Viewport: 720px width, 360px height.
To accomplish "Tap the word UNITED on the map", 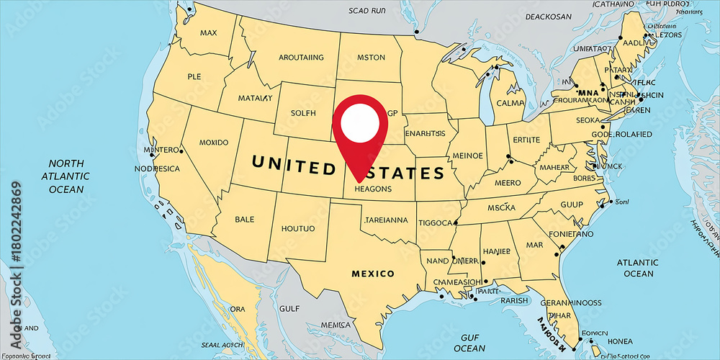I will click(293, 167).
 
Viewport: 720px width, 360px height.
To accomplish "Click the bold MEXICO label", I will click(372, 274).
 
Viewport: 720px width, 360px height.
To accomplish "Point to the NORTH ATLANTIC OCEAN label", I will click(66, 176).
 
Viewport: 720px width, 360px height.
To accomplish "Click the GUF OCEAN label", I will click(469, 343).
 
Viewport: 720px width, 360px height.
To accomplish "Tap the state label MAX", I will click(209, 32).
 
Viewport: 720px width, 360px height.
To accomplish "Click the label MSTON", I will click(371, 58).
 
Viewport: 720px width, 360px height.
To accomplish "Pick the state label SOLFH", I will click(303, 114).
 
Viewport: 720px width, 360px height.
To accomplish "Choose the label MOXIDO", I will click(213, 142).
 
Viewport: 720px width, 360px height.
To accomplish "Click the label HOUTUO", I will click(297, 228).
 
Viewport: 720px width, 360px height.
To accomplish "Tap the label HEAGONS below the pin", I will click(373, 189).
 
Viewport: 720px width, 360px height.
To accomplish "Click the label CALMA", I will click(510, 102).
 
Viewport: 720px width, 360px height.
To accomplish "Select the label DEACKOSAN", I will click(553, 16).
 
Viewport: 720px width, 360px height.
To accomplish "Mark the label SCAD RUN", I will click(368, 11).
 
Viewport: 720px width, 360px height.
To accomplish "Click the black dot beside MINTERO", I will click(181, 151).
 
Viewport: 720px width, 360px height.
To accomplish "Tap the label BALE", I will click(245, 219).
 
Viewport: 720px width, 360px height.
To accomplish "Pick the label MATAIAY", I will click(255, 98).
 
